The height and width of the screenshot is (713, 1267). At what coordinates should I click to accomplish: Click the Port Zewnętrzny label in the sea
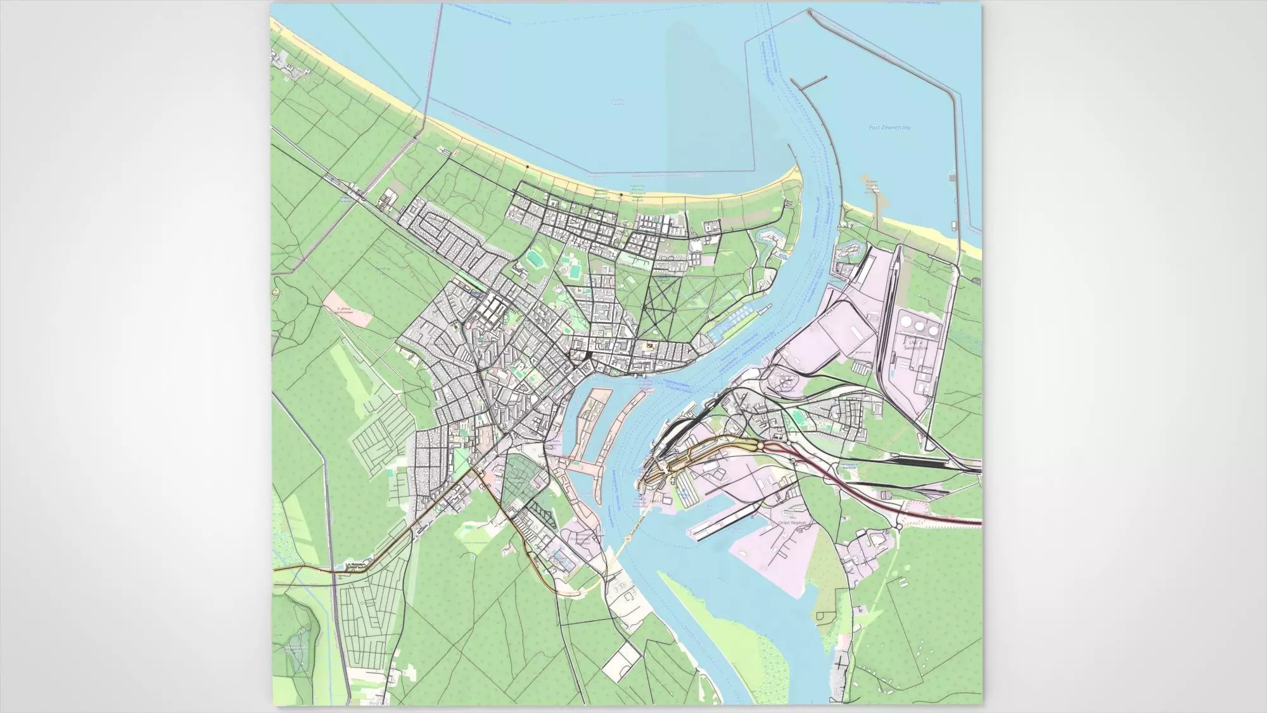(x=889, y=128)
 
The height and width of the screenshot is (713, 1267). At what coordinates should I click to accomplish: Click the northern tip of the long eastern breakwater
(x=810, y=11)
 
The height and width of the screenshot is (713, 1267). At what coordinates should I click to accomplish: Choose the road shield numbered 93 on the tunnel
(x=629, y=537)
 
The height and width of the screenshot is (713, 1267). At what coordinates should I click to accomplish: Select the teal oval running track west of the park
(x=533, y=259)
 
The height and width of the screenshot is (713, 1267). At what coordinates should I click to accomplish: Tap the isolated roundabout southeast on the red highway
(x=898, y=526)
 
